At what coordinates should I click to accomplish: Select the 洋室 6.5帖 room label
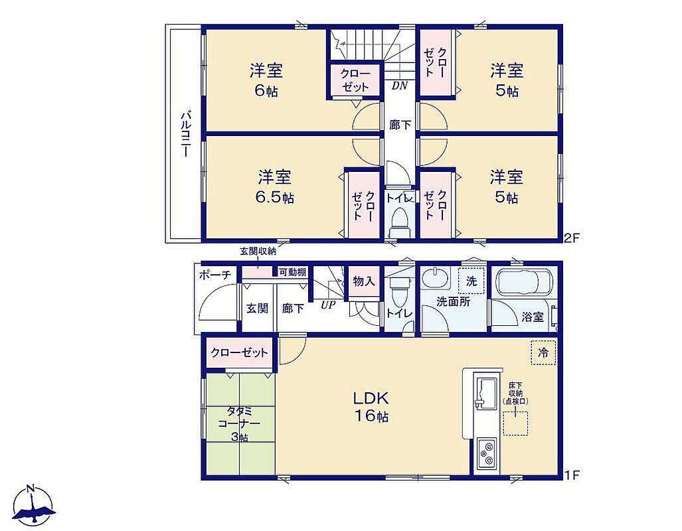pos(274,187)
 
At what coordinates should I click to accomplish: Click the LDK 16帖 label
pos(370,407)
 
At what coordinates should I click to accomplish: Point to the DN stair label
pos(399,86)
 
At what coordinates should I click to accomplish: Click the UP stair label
pos(328,305)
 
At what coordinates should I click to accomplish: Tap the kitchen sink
pos(486,393)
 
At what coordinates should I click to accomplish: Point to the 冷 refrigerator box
pos(543,352)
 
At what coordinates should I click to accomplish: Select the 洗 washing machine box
pos(471,281)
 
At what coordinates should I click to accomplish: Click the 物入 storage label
pos(364,281)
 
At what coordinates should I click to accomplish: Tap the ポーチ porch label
pos(215,275)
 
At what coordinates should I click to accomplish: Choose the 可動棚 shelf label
pos(292,272)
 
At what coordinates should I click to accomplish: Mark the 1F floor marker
pos(572,475)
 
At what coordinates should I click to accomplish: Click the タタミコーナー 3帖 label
pos(239,424)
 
